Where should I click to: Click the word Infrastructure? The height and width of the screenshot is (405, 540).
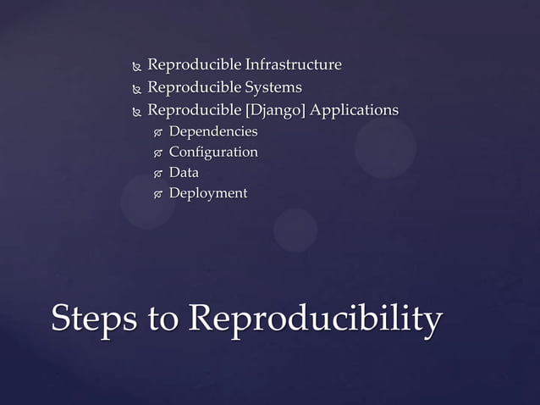coord(293,65)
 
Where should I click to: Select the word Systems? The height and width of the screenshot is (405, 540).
coord(273,87)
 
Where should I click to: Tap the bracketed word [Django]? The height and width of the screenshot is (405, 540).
coord(273,110)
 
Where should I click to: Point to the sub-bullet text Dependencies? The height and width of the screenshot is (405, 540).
coord(213,131)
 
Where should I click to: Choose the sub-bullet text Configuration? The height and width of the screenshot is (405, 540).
coord(213,152)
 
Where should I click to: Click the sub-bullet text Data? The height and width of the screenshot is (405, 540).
coord(184,173)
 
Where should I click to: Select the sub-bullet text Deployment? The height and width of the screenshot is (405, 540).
coord(208,193)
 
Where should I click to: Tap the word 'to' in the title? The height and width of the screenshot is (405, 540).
coord(163,320)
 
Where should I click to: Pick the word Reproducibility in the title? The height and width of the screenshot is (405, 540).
coord(315,319)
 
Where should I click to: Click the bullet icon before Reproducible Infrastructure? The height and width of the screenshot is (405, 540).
coord(134,66)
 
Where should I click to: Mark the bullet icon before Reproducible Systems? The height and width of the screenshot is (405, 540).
coord(134,88)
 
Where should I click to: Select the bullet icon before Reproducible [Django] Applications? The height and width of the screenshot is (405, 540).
coord(134,111)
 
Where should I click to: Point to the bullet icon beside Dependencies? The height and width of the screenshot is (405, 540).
coord(156,133)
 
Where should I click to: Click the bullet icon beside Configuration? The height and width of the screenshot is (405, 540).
coord(156,153)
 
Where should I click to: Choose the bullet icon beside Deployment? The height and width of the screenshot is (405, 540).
coord(156,195)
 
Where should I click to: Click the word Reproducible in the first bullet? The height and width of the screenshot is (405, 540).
coord(194,65)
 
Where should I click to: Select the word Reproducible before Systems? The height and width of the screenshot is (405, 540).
coord(194,87)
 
